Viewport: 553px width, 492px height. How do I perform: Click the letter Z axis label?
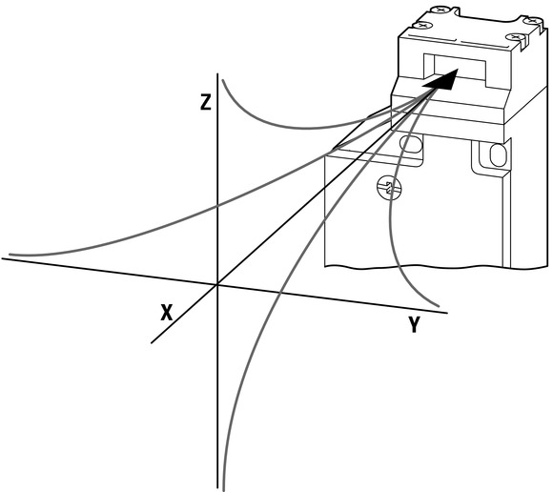206,103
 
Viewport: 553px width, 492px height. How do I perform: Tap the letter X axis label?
167,313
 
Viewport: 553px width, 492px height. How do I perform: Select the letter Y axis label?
414,324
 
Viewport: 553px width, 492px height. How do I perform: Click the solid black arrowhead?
440,80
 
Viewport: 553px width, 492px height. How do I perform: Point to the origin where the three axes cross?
217,284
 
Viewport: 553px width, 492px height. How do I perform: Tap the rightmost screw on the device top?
531,21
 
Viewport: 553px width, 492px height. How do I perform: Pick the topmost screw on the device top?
440,10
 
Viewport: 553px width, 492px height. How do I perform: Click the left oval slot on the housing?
411,144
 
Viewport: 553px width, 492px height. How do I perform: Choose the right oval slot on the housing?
499,154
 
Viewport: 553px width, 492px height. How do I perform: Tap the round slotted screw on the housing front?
390,188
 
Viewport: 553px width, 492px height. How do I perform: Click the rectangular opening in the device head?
455,71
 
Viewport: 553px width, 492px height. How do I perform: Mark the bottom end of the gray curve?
223,489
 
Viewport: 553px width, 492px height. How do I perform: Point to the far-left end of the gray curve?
10,255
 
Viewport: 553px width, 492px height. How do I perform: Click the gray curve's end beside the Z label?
223,81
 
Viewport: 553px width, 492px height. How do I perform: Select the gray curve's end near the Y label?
439,305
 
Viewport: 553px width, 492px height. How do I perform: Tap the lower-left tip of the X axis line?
152,343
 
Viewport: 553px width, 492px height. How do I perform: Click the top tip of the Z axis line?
217,73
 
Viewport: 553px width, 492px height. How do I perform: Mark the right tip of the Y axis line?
447,313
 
